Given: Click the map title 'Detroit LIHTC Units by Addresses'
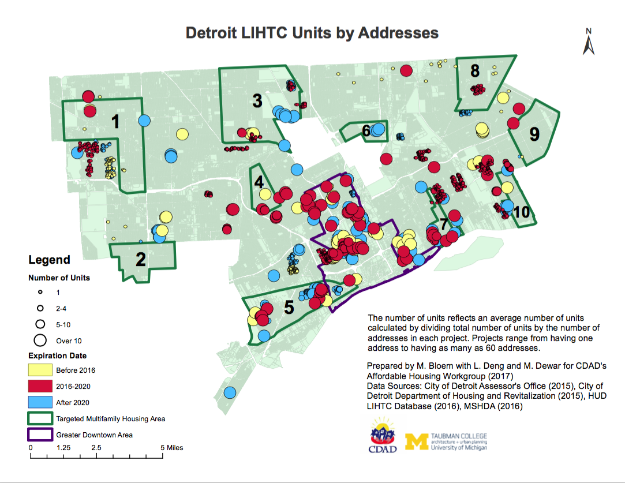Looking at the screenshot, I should pyautogui.click(x=312, y=33).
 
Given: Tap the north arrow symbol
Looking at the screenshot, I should pyautogui.click(x=589, y=42).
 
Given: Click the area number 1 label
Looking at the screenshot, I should pyautogui.click(x=115, y=122).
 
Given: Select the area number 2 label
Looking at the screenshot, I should pyautogui.click(x=141, y=260).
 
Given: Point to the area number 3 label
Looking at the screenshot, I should pyautogui.click(x=257, y=101).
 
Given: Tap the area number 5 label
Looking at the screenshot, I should pyautogui.click(x=289, y=308).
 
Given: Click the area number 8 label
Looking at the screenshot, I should pyautogui.click(x=475, y=71).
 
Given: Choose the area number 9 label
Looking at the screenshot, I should pyautogui.click(x=534, y=134).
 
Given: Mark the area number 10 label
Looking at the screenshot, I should pyautogui.click(x=522, y=212).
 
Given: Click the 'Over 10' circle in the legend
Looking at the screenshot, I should pyautogui.click(x=40, y=340).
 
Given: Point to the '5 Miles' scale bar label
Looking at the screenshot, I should pyautogui.click(x=171, y=447).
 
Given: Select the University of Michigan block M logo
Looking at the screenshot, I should pyautogui.click(x=417, y=441).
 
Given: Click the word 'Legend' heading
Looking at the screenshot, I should pyautogui.click(x=49, y=260).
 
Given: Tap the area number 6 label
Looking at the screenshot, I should pyautogui.click(x=366, y=131).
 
